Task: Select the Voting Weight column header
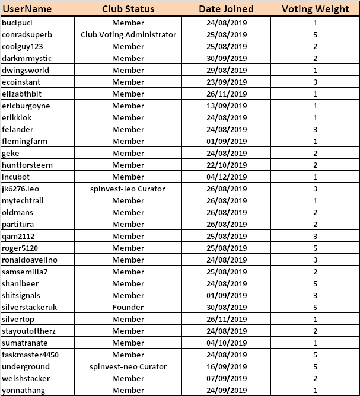tap(315, 9)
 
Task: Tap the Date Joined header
tap(226, 9)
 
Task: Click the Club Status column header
tap(128, 9)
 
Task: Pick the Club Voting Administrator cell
tap(128, 34)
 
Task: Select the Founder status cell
tap(128, 307)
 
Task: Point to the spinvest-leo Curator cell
tap(128, 189)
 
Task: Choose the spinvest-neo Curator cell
tap(128, 366)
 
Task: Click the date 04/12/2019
tap(226, 177)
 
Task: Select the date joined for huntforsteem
tap(226, 165)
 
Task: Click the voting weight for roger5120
tap(315, 248)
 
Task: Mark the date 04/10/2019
tap(226, 343)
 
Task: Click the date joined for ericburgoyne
tap(226, 106)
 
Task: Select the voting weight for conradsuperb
tap(315, 34)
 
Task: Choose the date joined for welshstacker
tap(226, 378)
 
